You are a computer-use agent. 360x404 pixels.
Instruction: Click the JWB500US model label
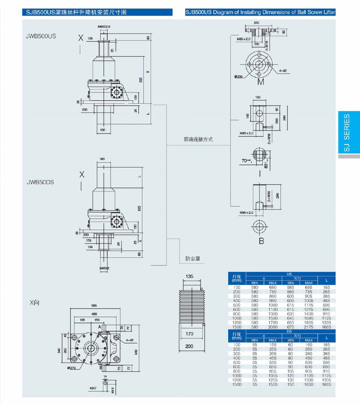(41, 37)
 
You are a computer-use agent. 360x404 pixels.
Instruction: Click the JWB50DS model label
(40, 182)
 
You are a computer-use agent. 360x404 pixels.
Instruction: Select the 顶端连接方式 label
(198, 139)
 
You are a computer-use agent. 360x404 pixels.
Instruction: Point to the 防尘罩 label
(193, 259)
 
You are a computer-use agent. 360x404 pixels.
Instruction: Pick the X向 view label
(34, 302)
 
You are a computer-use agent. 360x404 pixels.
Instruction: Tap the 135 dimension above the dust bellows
(189, 276)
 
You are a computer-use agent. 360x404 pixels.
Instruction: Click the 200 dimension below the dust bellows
(189, 346)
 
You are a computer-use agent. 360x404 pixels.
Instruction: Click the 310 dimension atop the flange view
(256, 23)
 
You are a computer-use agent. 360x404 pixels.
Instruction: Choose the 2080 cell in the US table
(273, 327)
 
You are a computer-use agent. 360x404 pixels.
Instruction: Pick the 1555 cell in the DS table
(273, 384)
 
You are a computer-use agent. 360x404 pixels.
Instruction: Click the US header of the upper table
(289, 274)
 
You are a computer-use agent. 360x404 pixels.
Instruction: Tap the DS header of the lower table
(289, 331)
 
